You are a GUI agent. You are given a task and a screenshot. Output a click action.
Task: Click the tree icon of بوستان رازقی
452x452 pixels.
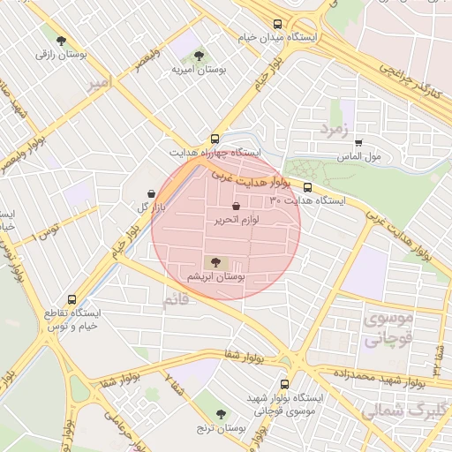tap(61, 40)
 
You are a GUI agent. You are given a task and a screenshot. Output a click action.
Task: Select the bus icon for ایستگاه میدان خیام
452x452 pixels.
tap(278, 25)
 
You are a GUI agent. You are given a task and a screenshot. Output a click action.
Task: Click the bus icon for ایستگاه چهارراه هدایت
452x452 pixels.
tap(215, 139)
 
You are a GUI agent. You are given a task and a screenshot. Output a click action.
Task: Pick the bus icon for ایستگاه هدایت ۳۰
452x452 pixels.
tap(308, 187)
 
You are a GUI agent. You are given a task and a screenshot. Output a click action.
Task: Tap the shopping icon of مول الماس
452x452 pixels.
tap(358, 142)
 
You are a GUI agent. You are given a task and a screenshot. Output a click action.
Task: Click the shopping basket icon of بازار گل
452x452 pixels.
tap(151, 192)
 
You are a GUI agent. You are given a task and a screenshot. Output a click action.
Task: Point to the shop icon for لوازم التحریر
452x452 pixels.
tap(236, 205)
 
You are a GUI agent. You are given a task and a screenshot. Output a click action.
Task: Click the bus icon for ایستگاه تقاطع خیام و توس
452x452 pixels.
tap(72, 299)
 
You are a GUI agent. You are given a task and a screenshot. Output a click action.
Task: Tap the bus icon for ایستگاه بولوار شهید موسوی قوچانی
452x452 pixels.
tap(283, 384)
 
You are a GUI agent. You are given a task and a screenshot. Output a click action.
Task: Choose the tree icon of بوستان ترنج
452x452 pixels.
tap(221, 413)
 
